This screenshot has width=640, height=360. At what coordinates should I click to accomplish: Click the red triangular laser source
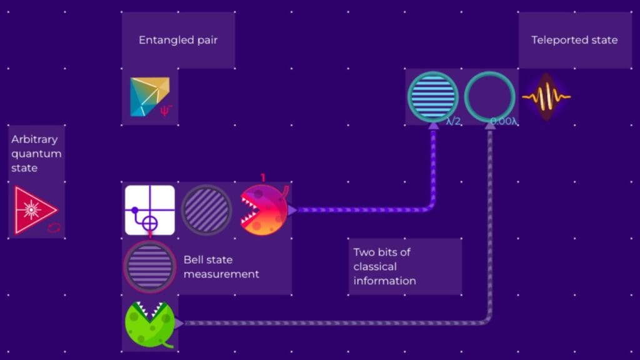tap(36, 210)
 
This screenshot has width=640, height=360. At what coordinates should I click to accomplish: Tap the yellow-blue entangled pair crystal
tap(149, 97)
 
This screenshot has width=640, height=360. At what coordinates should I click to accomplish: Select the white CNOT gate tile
tap(150, 210)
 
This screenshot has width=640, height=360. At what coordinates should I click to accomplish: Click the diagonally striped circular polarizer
tap(206, 210)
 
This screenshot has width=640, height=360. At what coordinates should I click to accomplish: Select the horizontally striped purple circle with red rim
tap(150, 266)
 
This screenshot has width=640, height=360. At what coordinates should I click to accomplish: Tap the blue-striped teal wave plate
tap(433, 97)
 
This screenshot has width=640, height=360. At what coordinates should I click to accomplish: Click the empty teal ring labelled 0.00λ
tap(490, 97)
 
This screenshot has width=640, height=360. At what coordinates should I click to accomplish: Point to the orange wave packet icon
tap(546, 97)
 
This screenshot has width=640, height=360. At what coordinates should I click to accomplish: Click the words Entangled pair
tap(178, 40)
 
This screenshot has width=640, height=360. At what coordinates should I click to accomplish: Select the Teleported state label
tap(574, 40)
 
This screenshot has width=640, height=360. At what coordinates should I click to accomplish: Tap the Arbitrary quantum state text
tap(36, 154)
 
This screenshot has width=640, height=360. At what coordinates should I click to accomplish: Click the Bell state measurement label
tap(221, 266)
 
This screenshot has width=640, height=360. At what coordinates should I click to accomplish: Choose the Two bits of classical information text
tap(384, 266)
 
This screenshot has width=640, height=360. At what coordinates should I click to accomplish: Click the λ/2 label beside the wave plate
tap(454, 121)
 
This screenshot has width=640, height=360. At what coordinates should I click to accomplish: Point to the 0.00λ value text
tap(504, 121)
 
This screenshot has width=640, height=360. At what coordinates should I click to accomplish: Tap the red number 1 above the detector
tap(263, 177)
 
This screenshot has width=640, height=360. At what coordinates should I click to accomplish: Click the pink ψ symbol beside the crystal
tap(166, 110)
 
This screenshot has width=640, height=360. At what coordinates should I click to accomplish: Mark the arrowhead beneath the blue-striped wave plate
tap(434, 125)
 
